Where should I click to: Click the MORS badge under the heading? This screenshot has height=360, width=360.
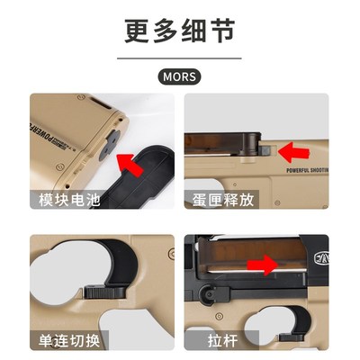pyautogui.click(x=180, y=77)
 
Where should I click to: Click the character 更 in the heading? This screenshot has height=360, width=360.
pyautogui.click(x=138, y=31)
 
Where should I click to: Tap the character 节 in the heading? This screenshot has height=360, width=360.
pyautogui.click(x=222, y=31)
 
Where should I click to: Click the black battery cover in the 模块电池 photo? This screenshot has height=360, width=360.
pyautogui.click(x=148, y=180)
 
